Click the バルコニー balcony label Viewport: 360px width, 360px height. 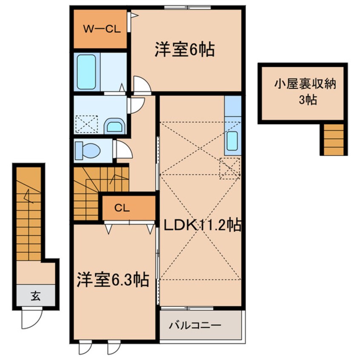click(195, 326)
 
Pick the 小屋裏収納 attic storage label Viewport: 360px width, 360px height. click(305, 84)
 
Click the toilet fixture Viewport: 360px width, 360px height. click(88, 150)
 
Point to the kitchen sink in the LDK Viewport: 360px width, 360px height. click(232, 141)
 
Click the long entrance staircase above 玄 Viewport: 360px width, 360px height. click(29, 213)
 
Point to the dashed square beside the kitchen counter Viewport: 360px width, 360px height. click(229, 167)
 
